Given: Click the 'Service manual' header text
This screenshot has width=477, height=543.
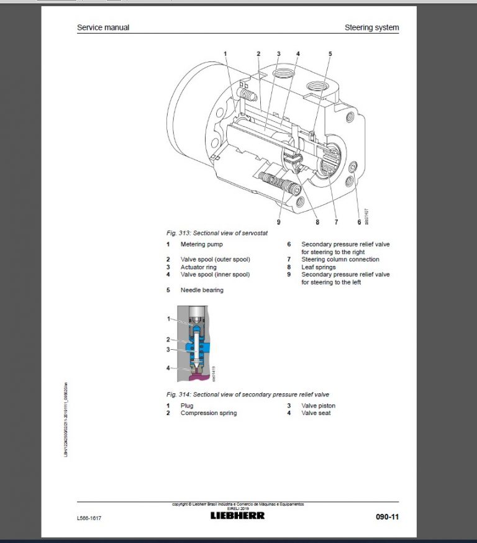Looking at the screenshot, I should [102, 27].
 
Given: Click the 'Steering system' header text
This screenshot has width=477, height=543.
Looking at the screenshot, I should [371, 27].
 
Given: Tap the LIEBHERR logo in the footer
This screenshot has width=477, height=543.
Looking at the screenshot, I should [237, 515].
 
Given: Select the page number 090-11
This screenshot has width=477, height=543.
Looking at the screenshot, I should [387, 516].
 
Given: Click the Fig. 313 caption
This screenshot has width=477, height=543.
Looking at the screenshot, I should [219, 232].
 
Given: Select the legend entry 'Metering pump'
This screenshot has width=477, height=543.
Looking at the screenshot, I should [201, 245].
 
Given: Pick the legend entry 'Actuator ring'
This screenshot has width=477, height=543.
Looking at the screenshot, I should [200, 267].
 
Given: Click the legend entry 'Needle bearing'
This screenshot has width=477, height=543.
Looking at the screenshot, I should [202, 290].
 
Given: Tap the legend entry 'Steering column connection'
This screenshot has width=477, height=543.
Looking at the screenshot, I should [340, 260].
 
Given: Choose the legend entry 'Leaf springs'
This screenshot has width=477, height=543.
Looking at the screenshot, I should [319, 267].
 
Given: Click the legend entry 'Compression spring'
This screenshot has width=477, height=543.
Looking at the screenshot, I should [208, 413].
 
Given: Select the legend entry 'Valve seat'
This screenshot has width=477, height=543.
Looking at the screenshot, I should [316, 413].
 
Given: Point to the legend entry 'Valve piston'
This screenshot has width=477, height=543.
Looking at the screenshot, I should [318, 406].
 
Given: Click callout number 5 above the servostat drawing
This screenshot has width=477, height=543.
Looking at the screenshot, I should [330, 54].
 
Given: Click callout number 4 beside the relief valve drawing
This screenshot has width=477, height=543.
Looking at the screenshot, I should [168, 368].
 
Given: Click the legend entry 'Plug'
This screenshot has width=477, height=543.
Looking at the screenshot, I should [187, 406].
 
